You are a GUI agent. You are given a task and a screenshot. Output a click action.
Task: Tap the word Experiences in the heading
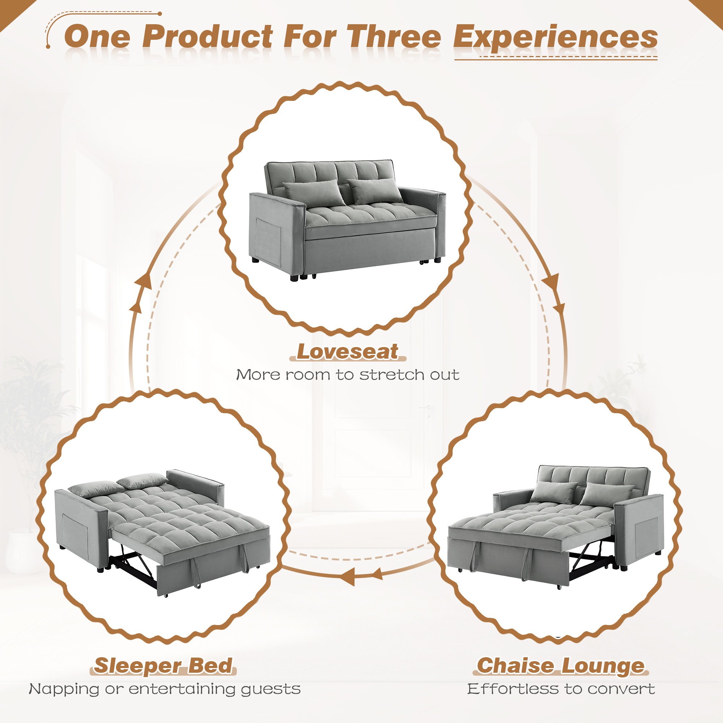(555, 38)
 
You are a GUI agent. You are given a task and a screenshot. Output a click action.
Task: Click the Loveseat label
(347, 352)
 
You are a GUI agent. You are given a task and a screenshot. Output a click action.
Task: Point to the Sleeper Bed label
(163, 666)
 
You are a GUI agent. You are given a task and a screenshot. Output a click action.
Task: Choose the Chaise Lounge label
(560, 666)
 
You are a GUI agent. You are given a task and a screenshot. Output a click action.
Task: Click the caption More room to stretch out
(347, 375)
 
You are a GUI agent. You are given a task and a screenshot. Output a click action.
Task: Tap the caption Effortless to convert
(561, 689)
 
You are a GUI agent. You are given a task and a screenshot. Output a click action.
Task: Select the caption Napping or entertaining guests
(164, 689)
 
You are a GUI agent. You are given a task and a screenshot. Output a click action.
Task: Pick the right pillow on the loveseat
(375, 190)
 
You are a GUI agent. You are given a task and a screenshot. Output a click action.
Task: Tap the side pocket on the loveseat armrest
(268, 241)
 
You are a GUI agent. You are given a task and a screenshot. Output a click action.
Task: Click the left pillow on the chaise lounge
(553, 492)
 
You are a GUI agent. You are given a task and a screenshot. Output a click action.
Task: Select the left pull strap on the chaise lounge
(476, 557)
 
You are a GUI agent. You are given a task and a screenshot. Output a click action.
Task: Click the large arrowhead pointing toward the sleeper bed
(347, 577)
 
